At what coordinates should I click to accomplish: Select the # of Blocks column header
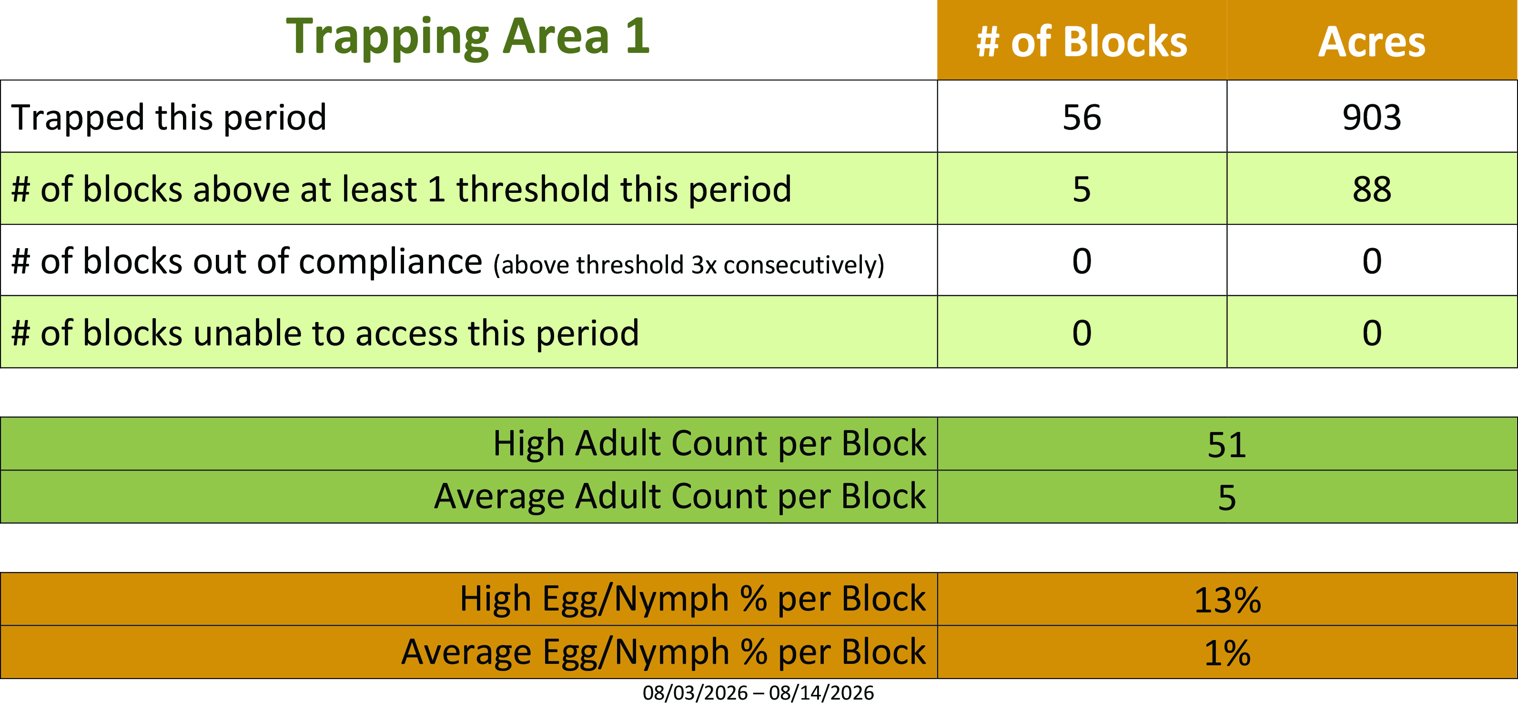tap(1082, 42)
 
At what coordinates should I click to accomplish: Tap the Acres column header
tap(1372, 42)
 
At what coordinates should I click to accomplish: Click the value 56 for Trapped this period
tap(1082, 117)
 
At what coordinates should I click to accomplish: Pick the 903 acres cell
tap(1372, 117)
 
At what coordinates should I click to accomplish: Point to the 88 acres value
tap(1372, 189)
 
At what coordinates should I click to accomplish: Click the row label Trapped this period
tap(169, 117)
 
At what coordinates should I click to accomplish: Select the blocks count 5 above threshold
tap(1082, 189)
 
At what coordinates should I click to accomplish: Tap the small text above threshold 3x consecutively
tap(689, 264)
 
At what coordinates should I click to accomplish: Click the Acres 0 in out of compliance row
tap(1372, 261)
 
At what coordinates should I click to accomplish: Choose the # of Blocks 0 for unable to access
tap(1082, 333)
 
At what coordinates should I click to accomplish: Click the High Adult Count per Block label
tap(709, 443)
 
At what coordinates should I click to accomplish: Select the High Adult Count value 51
tap(1227, 445)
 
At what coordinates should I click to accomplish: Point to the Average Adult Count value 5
tap(1227, 498)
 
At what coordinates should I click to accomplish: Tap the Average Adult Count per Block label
tap(680, 496)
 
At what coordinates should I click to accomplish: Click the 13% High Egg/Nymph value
tap(1227, 600)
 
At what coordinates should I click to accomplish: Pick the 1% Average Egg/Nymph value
tap(1227, 653)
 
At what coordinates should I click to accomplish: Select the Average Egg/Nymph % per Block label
tap(664, 652)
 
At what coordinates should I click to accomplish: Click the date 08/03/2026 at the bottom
tap(695, 693)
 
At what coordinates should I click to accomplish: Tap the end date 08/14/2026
tap(821, 693)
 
